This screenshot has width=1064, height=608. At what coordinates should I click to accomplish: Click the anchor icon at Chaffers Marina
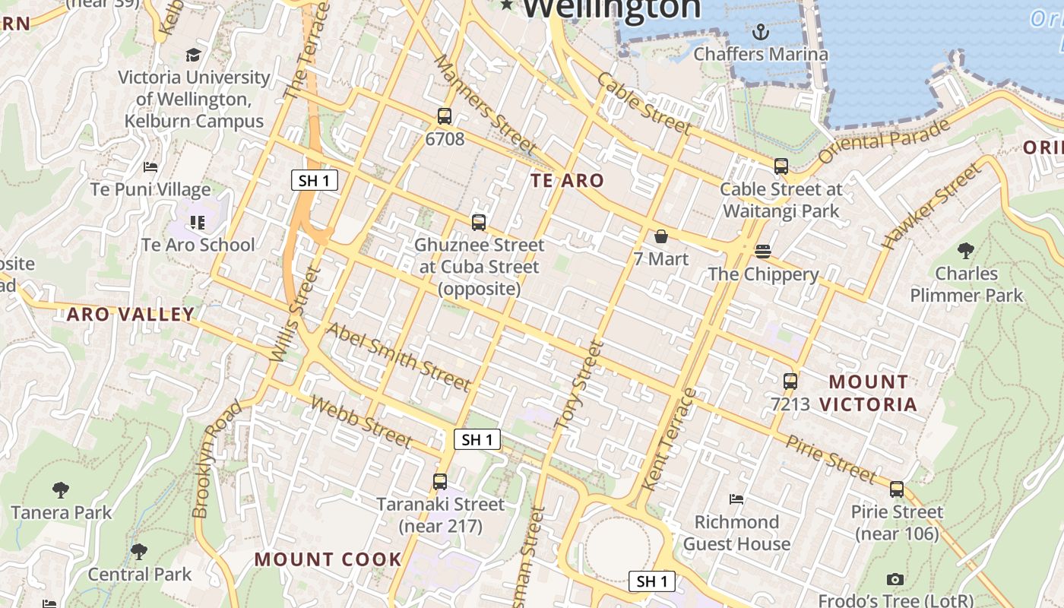click(x=760, y=32)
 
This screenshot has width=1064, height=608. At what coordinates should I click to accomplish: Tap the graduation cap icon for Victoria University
click(x=193, y=55)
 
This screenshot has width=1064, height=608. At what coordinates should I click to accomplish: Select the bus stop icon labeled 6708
click(x=445, y=116)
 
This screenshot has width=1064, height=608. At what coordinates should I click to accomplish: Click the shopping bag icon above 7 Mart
click(x=661, y=236)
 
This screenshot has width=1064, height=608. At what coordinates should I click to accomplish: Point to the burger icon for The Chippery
click(x=763, y=252)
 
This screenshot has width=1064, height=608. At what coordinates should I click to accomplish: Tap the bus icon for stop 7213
click(x=790, y=382)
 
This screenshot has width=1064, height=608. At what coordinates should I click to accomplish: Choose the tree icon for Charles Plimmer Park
click(x=966, y=250)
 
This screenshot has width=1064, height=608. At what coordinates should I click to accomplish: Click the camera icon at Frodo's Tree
click(x=895, y=579)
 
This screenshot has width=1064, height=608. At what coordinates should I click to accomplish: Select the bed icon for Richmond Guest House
click(x=736, y=499)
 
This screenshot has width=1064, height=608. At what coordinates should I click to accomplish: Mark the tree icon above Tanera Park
click(x=61, y=490)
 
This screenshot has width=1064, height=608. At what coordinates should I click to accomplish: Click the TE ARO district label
click(x=567, y=181)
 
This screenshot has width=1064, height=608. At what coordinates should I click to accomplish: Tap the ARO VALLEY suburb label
click(x=131, y=315)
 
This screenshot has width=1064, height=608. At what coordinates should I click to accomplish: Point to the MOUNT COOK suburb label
click(x=328, y=559)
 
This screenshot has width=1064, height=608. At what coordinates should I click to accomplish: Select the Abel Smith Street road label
click(x=398, y=356)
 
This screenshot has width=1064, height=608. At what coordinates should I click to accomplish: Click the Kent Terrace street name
click(x=669, y=440)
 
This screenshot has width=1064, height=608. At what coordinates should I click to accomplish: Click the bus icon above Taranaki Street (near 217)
click(x=440, y=481)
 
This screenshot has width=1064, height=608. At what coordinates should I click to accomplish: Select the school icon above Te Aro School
click(x=198, y=223)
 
